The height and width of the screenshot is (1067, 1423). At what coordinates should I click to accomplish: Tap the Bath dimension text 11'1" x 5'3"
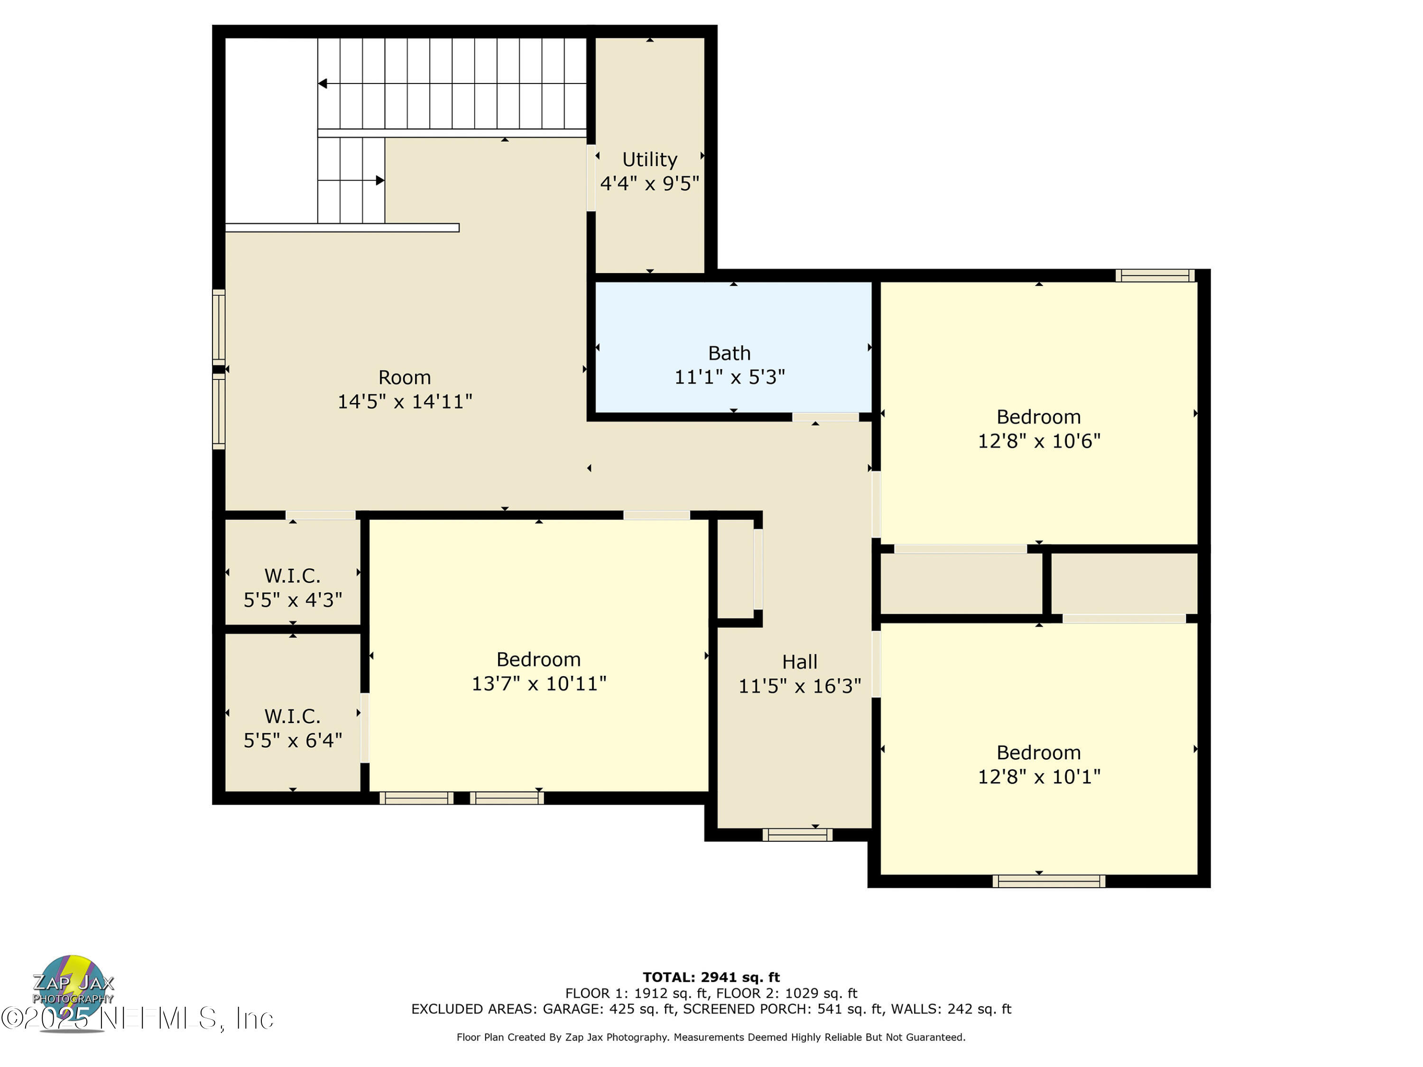[x=729, y=377]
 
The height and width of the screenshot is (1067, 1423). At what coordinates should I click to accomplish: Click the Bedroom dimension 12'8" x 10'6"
[x=1038, y=441]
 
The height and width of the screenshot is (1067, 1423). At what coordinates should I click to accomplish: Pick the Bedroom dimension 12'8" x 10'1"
[x=1038, y=777]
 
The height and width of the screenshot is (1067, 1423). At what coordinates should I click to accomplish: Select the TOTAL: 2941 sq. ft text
[x=711, y=977]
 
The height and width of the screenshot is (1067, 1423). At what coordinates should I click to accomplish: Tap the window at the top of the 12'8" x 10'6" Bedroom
[x=1155, y=276]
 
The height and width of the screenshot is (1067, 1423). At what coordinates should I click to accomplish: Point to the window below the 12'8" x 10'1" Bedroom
[x=1049, y=881]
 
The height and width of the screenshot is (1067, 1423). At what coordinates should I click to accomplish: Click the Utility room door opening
[x=591, y=177]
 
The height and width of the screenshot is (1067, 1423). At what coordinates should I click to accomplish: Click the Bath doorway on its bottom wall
[x=825, y=417]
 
